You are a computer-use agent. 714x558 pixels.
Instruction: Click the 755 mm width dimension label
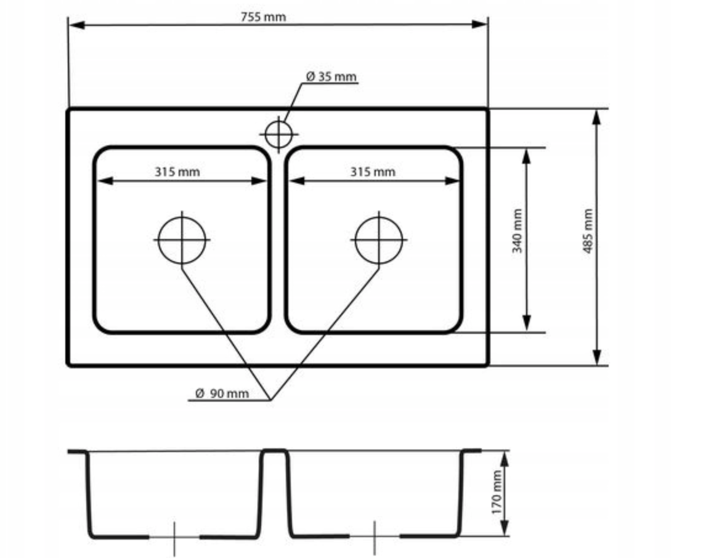[263, 17]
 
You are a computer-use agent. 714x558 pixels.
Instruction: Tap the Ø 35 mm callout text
[331, 76]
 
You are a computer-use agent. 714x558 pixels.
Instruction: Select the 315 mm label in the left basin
[177, 172]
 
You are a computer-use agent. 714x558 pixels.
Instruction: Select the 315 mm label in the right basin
[373, 172]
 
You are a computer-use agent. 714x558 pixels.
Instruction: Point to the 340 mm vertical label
[517, 231]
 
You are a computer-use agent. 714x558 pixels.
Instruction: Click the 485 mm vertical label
[588, 231]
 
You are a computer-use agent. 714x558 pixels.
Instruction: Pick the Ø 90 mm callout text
[222, 393]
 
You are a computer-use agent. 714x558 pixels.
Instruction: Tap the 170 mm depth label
[497, 493]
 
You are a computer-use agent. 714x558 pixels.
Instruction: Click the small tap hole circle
[278, 134]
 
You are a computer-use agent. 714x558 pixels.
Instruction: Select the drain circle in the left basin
[182, 240]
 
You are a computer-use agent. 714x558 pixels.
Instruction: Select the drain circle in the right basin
[379, 240]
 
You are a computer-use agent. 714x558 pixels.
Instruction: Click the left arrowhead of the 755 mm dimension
[76, 25]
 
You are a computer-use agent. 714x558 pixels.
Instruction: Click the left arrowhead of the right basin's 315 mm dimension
[297, 180]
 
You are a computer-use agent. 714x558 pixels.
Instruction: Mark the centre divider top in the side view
[275, 451]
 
